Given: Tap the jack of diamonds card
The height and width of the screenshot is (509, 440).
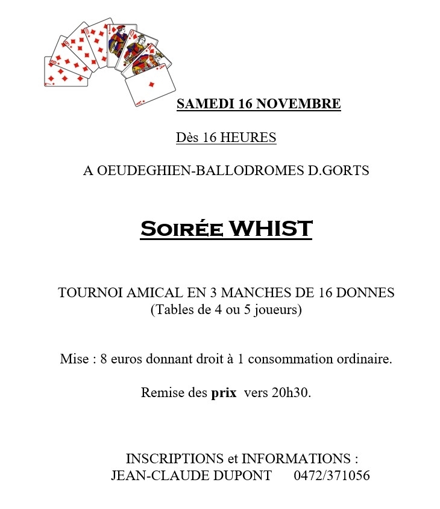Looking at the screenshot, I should (x=118, y=40).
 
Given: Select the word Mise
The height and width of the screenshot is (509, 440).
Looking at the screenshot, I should (x=74, y=359).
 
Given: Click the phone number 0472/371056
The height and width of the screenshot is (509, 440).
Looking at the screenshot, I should (x=332, y=476).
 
